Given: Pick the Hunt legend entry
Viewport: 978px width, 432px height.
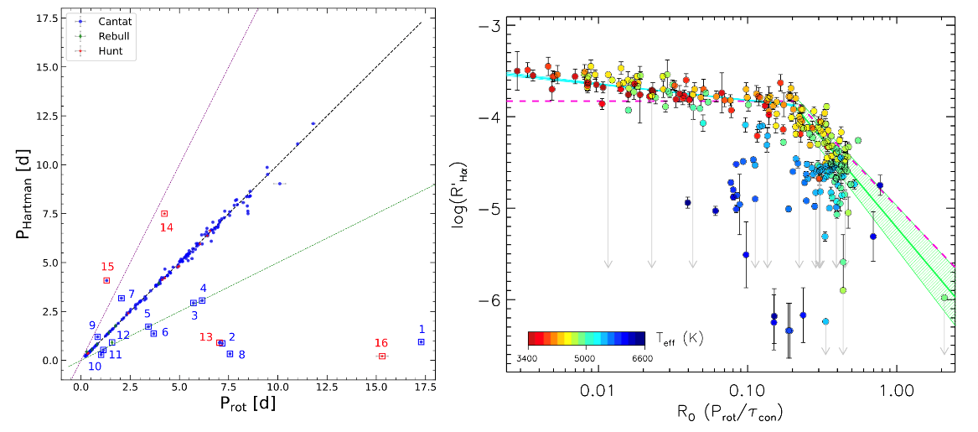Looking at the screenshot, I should coord(101,50).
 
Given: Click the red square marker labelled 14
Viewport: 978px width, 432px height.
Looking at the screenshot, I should coord(164,213).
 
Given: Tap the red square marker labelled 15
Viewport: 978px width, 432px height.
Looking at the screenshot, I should coord(106,280).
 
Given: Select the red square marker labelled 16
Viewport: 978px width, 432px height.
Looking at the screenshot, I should coord(381,356).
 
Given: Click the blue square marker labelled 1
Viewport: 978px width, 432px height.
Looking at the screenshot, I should coord(421,341).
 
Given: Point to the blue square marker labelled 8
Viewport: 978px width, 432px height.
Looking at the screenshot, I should coord(230,354).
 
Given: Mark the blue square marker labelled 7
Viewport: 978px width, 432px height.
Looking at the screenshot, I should coord(122,298).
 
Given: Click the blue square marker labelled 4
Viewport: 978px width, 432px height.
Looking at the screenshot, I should coord(202,300).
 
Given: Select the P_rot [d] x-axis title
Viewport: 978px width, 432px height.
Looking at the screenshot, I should coord(247,404).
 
